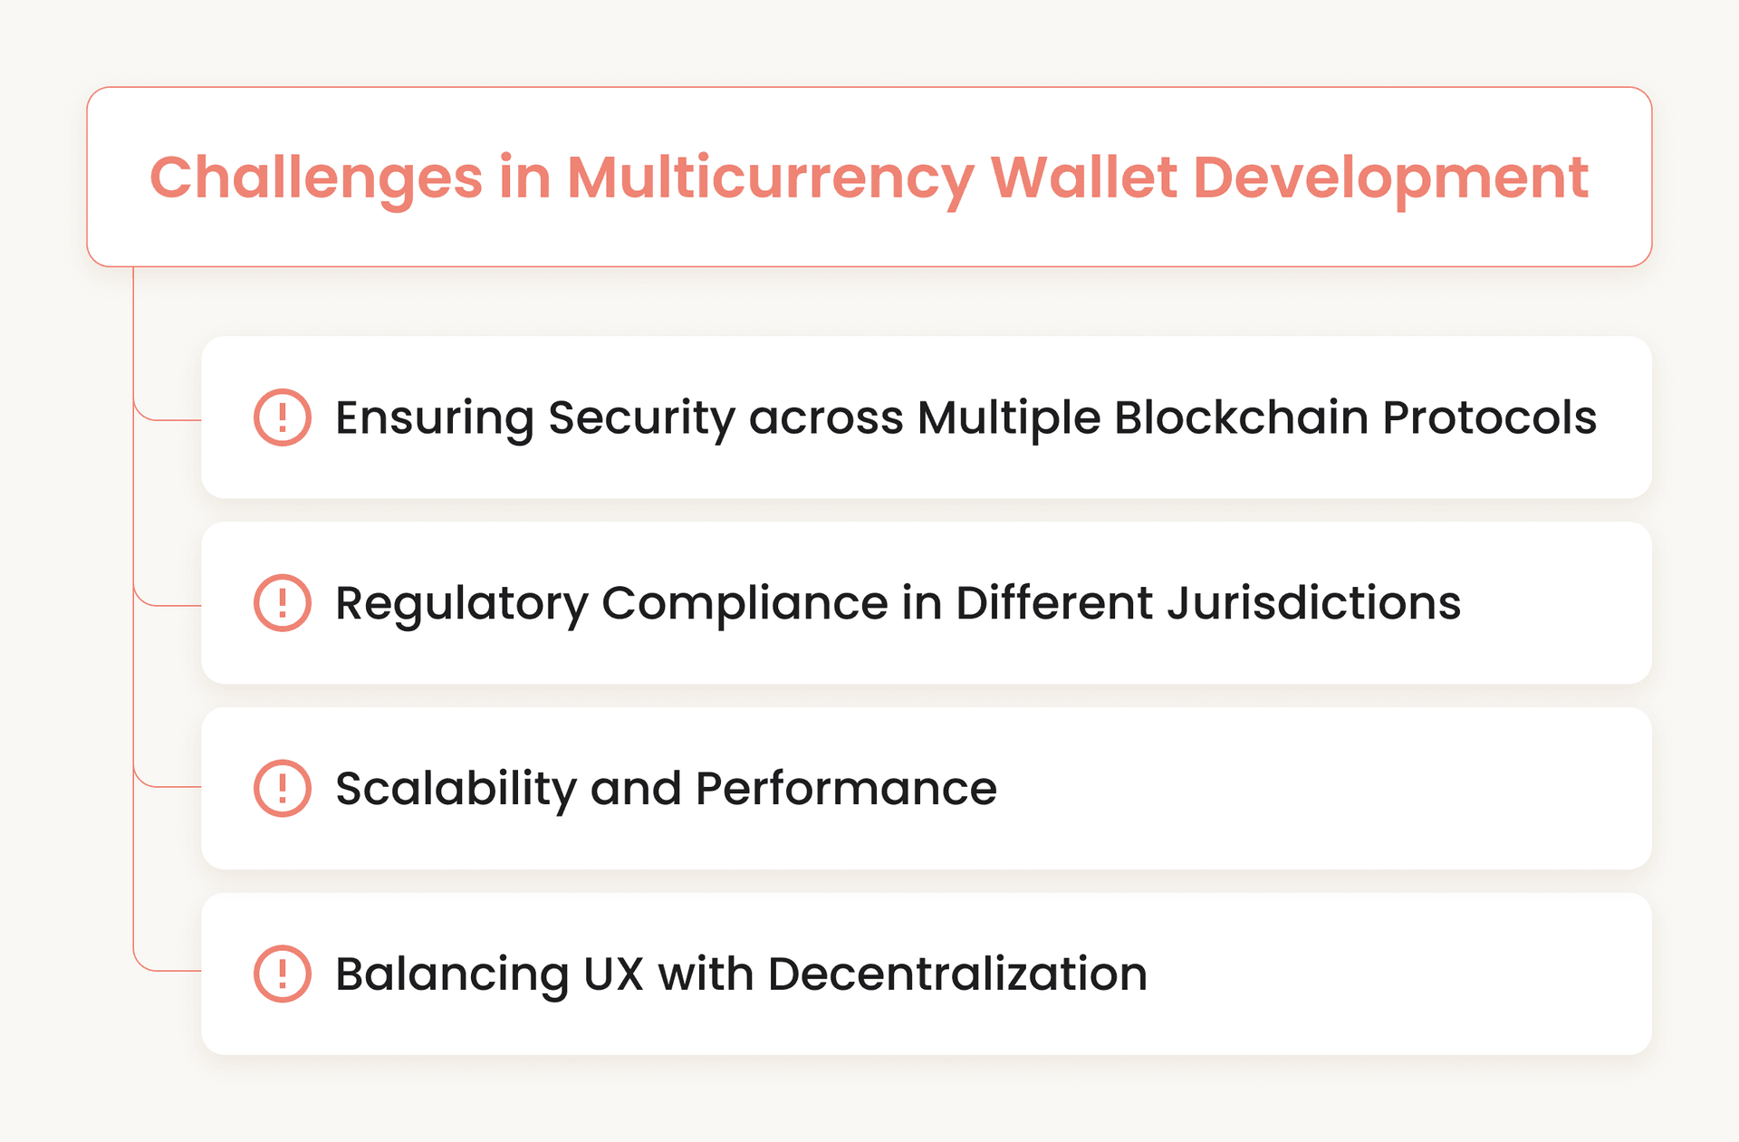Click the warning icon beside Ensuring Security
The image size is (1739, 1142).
click(283, 417)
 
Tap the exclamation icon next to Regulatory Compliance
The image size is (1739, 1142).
click(283, 603)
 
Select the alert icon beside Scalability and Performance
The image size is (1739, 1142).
click(283, 788)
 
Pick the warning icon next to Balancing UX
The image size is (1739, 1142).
click(283, 974)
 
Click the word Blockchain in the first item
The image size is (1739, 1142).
click(1240, 417)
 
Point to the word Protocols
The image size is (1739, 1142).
click(1489, 417)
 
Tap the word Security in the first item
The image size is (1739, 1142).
click(640, 419)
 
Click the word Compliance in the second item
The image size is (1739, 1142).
click(745, 603)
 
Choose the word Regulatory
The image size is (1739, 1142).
click(461, 603)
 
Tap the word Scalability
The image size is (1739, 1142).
click(456, 788)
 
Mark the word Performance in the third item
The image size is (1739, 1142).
click(846, 788)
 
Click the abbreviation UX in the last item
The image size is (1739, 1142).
click(613, 974)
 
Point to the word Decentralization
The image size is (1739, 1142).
click(957, 974)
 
